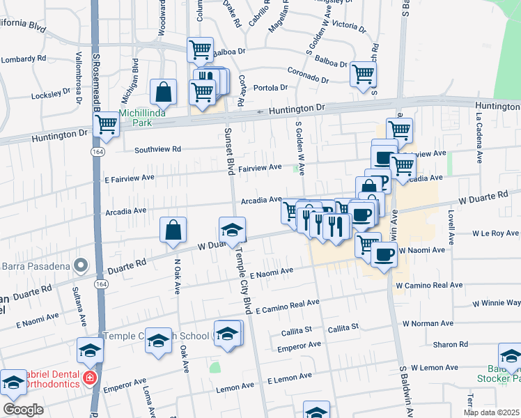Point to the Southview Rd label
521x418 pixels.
coord(157,149)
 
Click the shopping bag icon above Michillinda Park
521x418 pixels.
coord(163,92)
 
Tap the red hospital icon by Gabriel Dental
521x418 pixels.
coord(89,378)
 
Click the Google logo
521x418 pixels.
coord(23,410)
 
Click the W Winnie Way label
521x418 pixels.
coord(496,303)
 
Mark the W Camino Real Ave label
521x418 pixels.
coord(428,286)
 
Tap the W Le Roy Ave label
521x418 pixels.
coord(496,233)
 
